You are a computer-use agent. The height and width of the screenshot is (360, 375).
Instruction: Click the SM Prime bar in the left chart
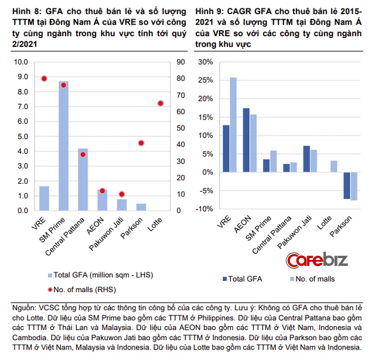pos(63,146)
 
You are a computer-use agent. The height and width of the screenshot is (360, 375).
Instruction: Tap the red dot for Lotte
pos(161,103)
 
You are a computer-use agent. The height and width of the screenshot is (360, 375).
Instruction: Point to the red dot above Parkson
pos(141,143)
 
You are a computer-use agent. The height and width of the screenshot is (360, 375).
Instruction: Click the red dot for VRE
pos(44,78)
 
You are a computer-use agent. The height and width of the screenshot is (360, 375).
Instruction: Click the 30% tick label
pos(205,61)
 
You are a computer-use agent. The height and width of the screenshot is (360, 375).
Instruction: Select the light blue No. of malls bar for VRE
pos(233,125)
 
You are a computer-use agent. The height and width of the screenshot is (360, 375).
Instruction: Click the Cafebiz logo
pos(316,259)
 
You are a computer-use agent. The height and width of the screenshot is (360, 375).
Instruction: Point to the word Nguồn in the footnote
pos(25,307)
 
